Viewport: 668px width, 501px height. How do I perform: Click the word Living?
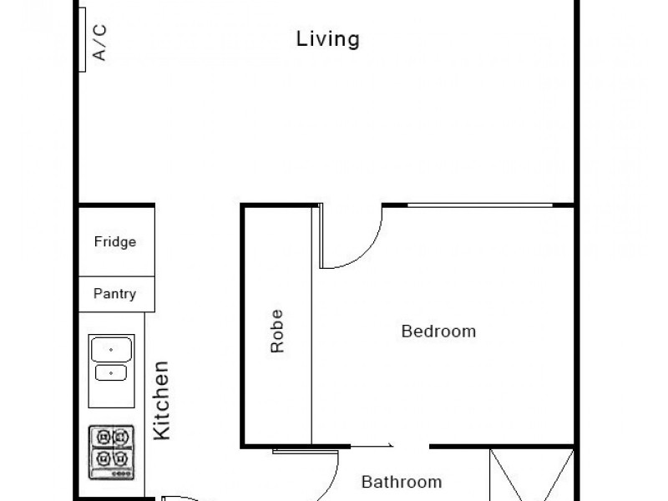[328, 38]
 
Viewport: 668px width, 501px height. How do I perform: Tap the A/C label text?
[99, 42]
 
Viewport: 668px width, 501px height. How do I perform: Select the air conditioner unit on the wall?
[83, 38]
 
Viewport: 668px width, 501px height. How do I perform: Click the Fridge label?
[114, 242]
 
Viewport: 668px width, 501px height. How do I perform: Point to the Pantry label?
[114, 294]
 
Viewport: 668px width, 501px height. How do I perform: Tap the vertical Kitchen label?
[161, 400]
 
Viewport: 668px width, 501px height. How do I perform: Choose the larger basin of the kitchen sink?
[111, 348]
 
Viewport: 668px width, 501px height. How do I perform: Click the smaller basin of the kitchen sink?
[110, 372]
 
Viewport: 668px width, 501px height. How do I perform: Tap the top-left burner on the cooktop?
[102, 437]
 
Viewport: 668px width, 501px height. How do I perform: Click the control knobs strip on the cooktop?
[111, 473]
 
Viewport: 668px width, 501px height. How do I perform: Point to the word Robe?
[277, 331]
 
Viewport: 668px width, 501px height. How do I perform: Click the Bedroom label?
[438, 331]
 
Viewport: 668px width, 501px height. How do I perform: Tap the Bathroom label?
[401, 482]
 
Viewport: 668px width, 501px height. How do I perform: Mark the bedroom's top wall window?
[479, 204]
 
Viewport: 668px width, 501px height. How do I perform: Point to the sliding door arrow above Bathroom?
[389, 448]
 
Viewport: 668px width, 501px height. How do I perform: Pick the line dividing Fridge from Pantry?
[116, 277]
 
